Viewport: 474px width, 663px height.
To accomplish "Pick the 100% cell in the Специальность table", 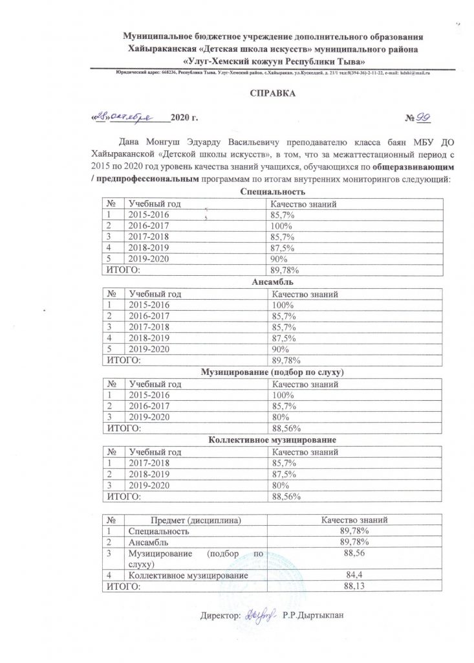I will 282,226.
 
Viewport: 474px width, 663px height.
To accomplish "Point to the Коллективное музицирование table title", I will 272,440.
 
